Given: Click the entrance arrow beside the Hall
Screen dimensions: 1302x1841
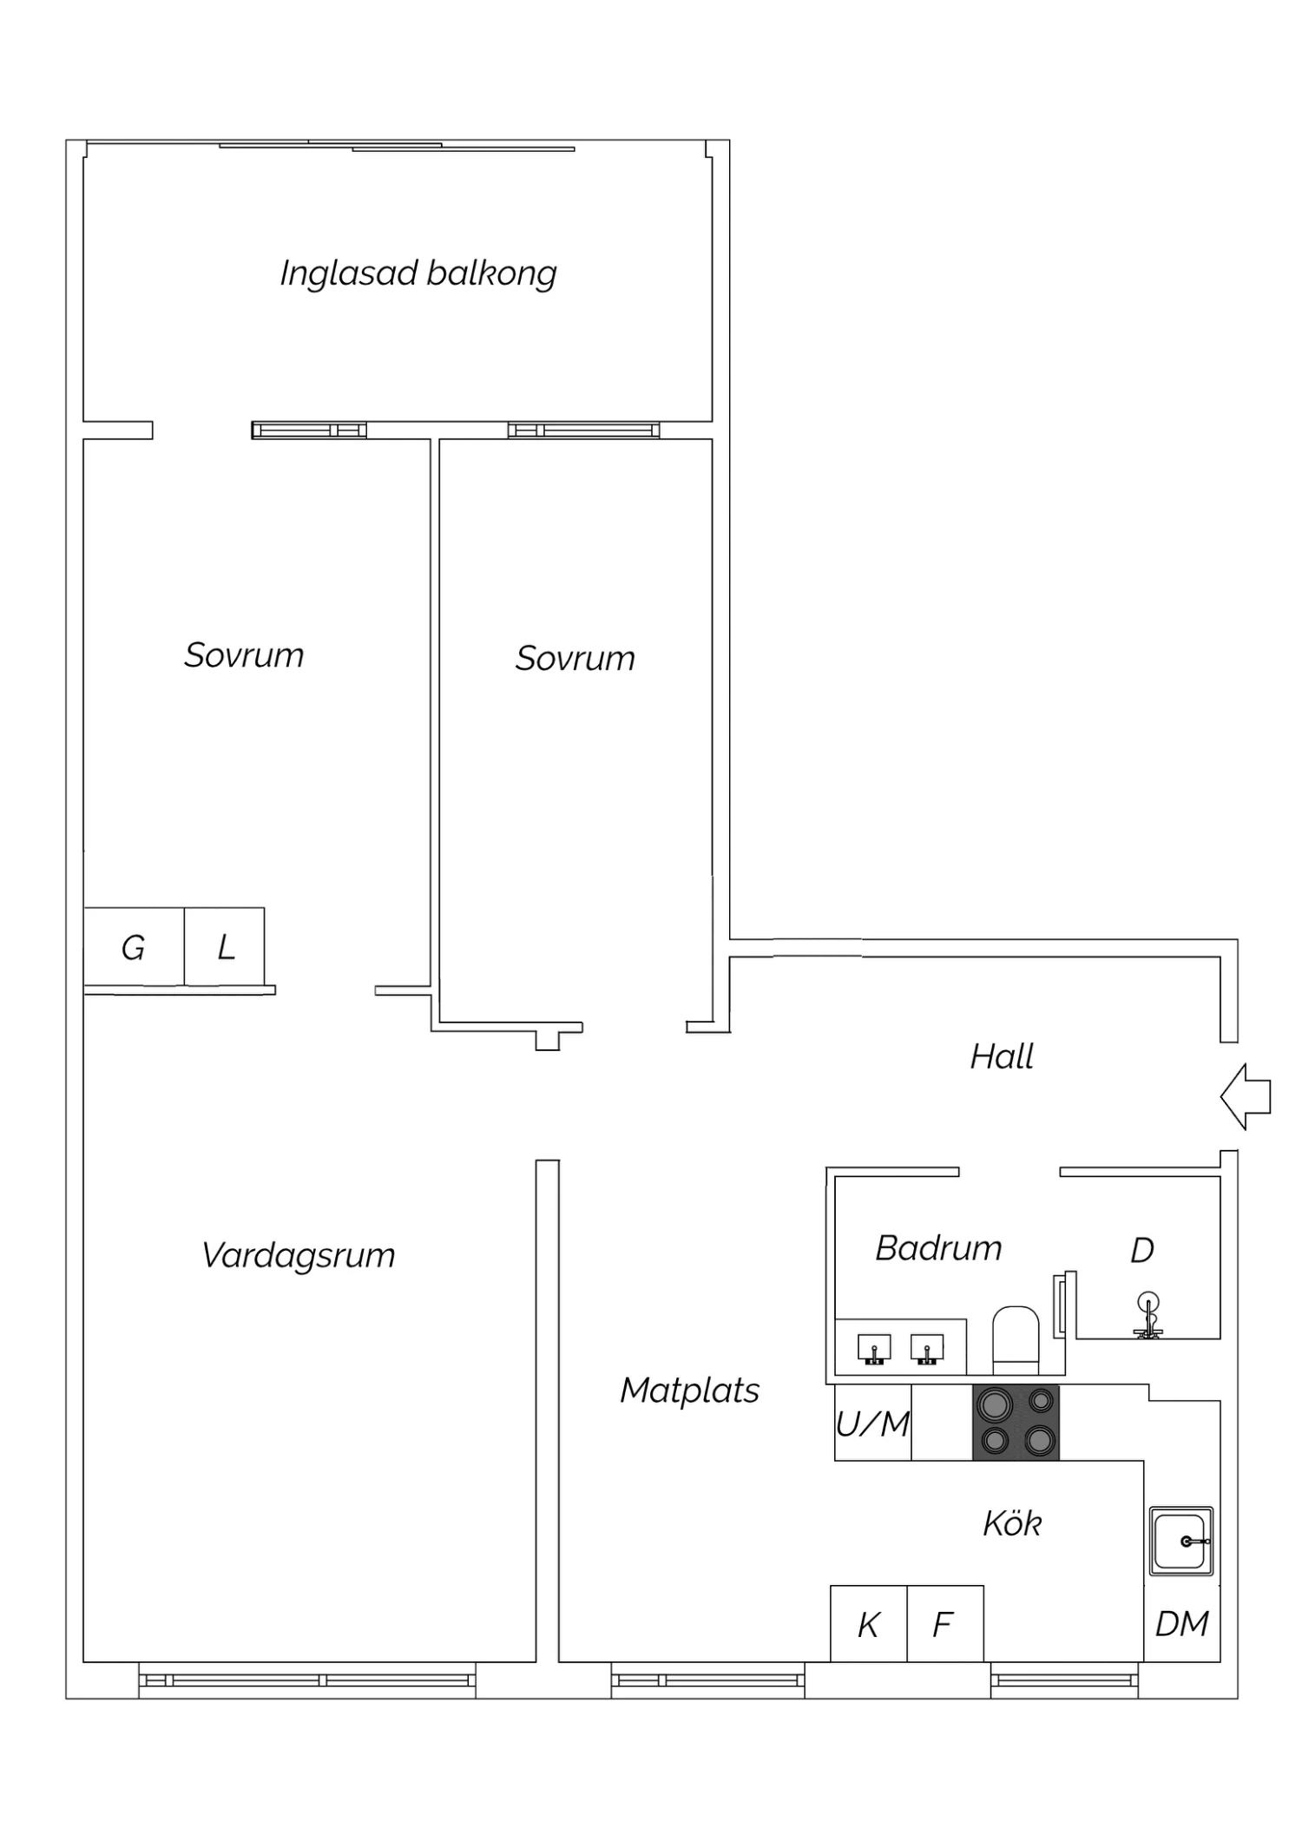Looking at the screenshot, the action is tap(1245, 1096).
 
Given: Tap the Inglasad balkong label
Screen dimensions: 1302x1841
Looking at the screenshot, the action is tap(418, 273).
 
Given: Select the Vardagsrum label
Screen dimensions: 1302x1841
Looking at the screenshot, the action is tap(298, 1256).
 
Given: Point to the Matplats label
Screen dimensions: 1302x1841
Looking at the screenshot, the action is tap(689, 1391).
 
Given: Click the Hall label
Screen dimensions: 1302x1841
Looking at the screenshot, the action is tap(1002, 1056).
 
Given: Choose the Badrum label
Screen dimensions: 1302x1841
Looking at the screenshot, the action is tap(938, 1248).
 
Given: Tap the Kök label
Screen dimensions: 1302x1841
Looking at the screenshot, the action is tap(1012, 1523).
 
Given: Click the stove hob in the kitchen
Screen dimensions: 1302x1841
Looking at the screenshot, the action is tap(1016, 1423).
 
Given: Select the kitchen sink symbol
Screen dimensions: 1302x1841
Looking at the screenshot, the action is tap(1180, 1542).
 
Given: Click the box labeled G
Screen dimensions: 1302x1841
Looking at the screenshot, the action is tap(134, 947).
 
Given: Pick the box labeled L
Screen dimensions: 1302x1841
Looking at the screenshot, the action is tap(224, 947).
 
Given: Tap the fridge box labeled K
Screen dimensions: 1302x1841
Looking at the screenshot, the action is tap(869, 1624).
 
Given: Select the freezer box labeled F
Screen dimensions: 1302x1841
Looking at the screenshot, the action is tap(945, 1624).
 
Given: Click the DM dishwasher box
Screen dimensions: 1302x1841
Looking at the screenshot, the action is tap(1182, 1623).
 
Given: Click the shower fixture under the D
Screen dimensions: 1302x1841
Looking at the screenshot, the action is tap(1147, 1316).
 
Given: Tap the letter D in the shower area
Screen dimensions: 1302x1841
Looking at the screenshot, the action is tap(1142, 1251).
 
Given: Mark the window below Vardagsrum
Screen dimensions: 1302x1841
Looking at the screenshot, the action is tap(307, 1680).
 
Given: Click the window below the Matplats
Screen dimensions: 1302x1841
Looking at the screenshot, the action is tap(708, 1680).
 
